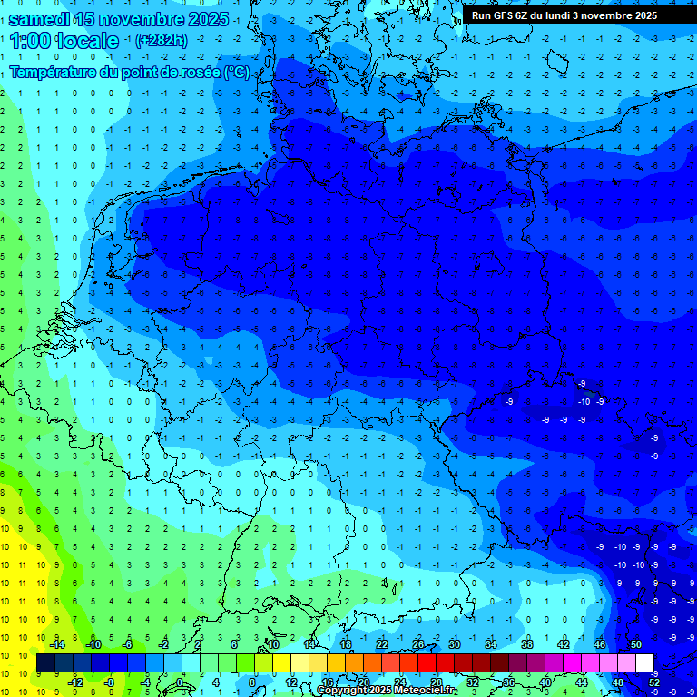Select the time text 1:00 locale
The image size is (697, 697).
(65, 41)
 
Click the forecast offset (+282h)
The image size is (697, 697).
(162, 41)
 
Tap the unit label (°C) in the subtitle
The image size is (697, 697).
(237, 72)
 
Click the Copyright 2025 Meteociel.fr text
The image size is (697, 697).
(398, 691)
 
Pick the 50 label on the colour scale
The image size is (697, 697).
(635, 644)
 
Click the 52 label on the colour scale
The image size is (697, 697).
(654, 682)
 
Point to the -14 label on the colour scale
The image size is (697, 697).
(56, 644)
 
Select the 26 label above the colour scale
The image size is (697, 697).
(418, 644)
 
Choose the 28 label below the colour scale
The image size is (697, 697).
(437, 682)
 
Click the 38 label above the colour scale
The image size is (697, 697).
(527, 644)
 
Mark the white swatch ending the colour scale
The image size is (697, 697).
(644, 663)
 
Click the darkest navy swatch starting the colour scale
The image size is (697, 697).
(45, 663)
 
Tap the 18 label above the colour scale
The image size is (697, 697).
(346, 644)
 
